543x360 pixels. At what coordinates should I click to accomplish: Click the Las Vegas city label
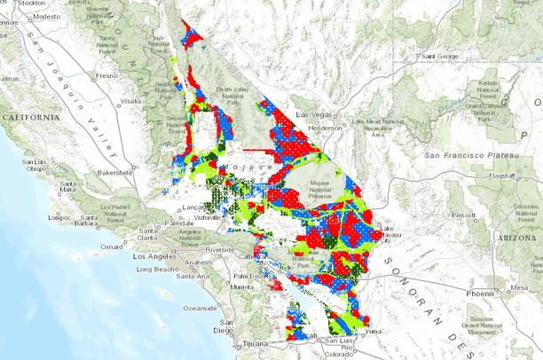click(x=313, y=115)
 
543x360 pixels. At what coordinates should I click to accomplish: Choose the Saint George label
click(x=441, y=56)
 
